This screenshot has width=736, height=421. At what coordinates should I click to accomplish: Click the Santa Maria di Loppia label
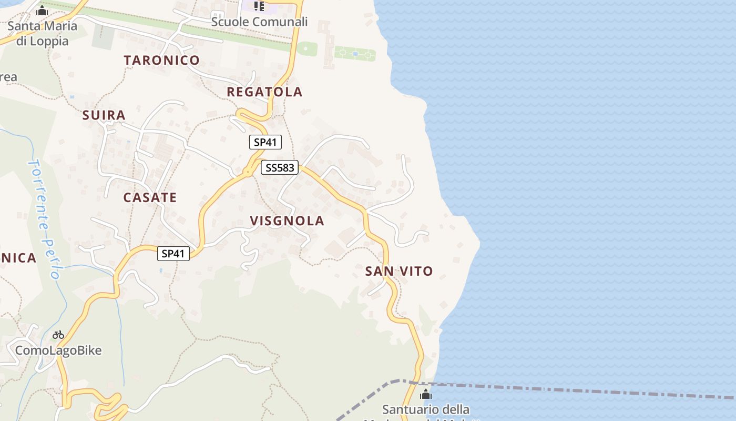coord(42,33)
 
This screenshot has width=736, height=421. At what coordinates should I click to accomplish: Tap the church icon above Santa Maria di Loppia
coord(42,11)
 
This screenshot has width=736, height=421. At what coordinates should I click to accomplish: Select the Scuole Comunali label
coord(259,22)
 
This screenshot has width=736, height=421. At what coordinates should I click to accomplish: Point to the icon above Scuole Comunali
coord(259,6)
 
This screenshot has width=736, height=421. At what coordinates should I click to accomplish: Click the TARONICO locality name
coord(162,60)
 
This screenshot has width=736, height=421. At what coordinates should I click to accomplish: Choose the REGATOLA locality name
coord(264,92)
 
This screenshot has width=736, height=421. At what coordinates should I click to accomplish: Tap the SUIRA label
coord(104,115)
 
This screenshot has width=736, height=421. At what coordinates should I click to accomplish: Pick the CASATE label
coord(150,197)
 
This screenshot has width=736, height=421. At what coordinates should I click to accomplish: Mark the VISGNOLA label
coord(287,220)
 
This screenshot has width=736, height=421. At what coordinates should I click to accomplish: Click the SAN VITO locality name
coord(399,271)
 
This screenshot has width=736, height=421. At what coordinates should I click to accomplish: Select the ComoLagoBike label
coord(58,350)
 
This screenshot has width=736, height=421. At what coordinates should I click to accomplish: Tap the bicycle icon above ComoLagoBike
coord(58,335)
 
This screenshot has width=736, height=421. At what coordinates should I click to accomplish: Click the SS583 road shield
coord(280,168)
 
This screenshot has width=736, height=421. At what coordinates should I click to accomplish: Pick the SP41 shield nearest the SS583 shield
coord(265,142)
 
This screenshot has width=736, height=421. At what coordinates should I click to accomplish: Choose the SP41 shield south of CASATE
coord(173,254)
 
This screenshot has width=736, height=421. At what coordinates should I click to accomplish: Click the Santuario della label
coord(426,409)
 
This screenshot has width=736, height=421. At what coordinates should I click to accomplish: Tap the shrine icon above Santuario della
coord(426,394)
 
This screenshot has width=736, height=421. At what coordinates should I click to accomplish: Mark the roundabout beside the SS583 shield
coord(247,172)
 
